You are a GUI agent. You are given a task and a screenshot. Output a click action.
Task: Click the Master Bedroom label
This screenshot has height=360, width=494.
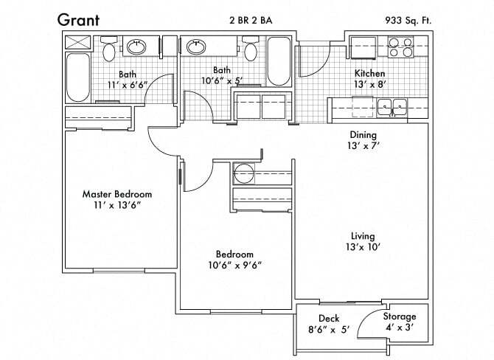click(x=116, y=194)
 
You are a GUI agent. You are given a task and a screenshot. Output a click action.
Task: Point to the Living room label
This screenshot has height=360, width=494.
click(x=363, y=236)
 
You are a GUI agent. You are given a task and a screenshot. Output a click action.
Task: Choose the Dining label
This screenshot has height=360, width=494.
click(x=363, y=135)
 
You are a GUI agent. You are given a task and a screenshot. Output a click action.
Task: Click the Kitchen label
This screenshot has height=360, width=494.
click(x=369, y=74)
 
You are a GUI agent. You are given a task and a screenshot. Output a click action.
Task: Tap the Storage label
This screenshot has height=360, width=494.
click(x=399, y=316)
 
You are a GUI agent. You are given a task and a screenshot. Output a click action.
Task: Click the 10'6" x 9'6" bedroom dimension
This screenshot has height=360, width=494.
click(x=236, y=265)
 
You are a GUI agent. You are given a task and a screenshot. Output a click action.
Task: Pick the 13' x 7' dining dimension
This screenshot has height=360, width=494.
click(x=363, y=146)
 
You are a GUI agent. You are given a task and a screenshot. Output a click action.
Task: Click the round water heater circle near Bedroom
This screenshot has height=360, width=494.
click(x=243, y=175)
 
